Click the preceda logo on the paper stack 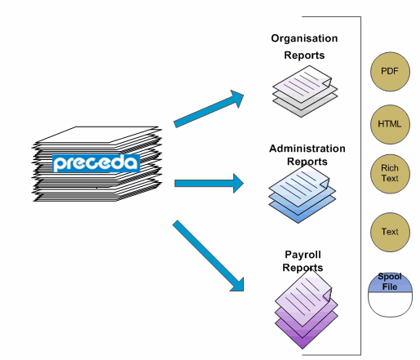tap(96, 163)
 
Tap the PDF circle tap(390, 72)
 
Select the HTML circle tap(390, 124)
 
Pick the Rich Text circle tap(390, 174)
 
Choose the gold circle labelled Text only tap(390, 232)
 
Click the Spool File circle tap(390, 296)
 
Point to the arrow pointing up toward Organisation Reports tap(209, 109)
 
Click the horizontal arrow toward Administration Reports tap(209, 184)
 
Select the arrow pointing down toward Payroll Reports tap(208, 256)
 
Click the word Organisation tap(304, 38)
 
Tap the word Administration tap(307, 149)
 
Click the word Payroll tap(303, 255)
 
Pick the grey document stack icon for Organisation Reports tap(305, 91)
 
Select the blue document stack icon tap(303, 193)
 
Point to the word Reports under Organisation tap(304, 56)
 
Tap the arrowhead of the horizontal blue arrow tap(238, 184)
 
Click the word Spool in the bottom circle tap(390, 277)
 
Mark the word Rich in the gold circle tap(390, 168)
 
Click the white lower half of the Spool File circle tap(390, 304)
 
